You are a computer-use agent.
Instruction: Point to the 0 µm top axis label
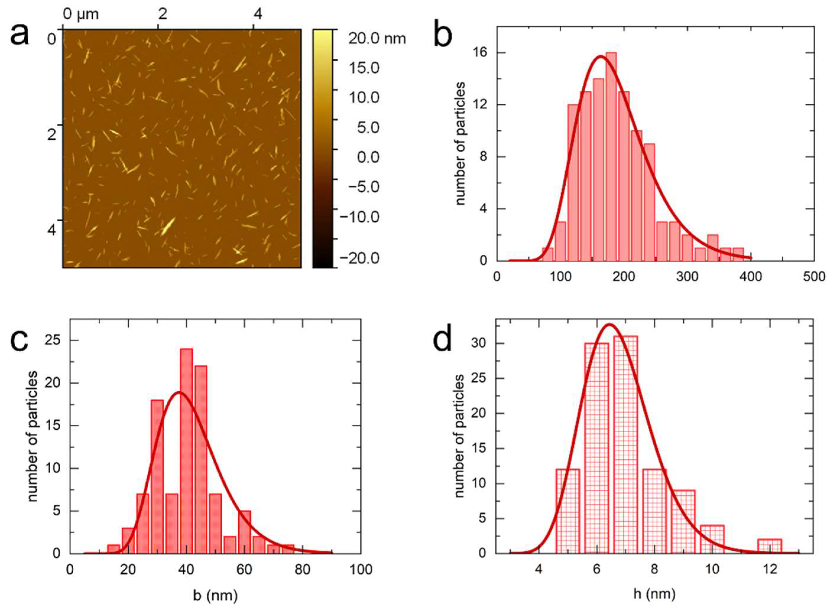(81, 14)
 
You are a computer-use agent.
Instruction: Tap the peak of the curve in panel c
(179, 392)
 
